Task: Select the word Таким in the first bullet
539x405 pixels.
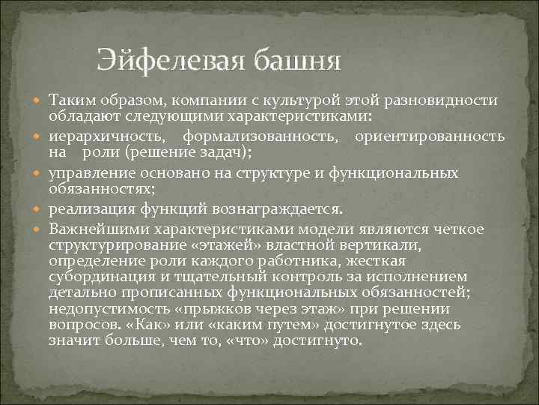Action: click(69, 101)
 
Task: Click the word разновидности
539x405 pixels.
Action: click(449, 101)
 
